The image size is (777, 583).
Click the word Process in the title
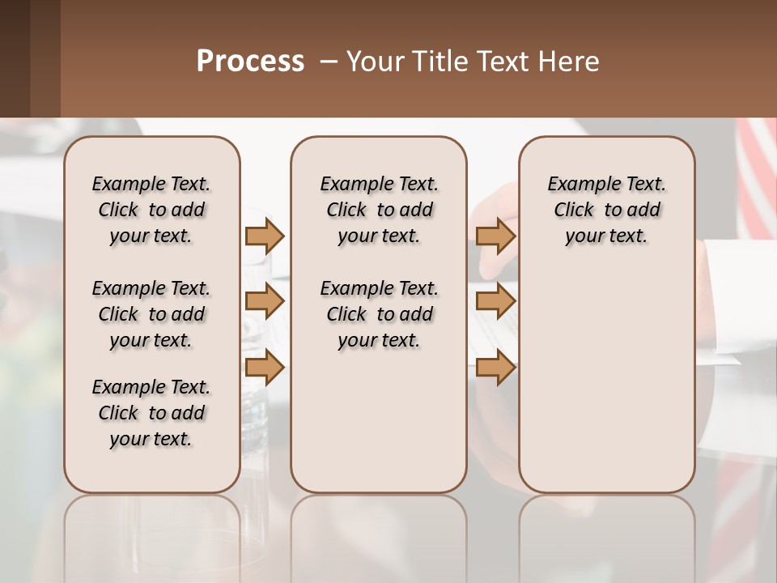tap(250, 62)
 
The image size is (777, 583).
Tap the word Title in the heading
tap(437, 62)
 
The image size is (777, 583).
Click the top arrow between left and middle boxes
tap(265, 236)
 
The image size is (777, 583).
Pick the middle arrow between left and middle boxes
tap(265, 301)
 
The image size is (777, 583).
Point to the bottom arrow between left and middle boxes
tap(265, 368)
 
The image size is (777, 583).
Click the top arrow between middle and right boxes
tap(495, 236)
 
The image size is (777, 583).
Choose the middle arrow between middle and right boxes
tap(495, 301)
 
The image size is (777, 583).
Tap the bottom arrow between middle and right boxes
tap(495, 368)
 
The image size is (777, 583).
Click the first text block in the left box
tap(151, 210)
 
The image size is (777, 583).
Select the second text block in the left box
tap(151, 314)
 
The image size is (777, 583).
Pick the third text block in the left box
tap(151, 413)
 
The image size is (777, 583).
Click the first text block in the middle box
tap(379, 210)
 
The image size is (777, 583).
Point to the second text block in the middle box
tap(379, 314)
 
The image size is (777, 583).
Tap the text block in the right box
tap(606, 210)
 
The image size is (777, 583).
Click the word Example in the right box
tap(579, 185)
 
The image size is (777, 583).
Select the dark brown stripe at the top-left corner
tap(15, 58)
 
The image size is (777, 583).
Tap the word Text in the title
tap(501, 62)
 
